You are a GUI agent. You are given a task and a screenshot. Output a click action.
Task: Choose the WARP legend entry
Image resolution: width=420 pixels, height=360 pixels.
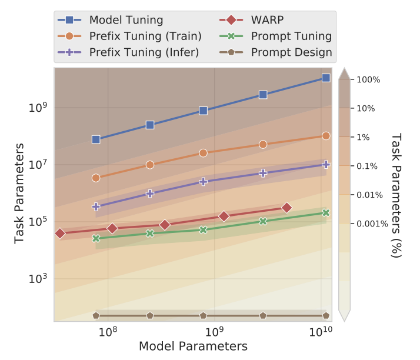click(x=268, y=20)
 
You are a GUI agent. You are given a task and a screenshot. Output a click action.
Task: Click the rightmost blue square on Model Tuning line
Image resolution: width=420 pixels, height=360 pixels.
click(x=326, y=78)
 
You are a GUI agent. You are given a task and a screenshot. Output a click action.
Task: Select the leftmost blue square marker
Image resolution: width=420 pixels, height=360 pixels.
click(x=96, y=139)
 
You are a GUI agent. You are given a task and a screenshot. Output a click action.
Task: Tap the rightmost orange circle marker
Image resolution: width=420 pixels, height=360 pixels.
click(x=326, y=136)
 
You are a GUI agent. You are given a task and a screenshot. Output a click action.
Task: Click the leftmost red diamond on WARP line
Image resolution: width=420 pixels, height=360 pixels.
click(x=59, y=234)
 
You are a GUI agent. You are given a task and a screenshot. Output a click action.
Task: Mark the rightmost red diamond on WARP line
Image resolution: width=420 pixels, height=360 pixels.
click(x=286, y=208)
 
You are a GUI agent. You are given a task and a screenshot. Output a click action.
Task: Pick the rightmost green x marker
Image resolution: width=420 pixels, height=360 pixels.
click(x=326, y=213)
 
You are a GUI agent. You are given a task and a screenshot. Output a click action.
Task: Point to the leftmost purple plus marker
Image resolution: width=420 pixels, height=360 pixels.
click(x=96, y=206)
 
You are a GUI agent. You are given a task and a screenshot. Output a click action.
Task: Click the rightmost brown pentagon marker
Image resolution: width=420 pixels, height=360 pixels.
click(x=326, y=316)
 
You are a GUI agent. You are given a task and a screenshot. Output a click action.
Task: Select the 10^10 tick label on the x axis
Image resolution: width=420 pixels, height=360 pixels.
click(x=321, y=333)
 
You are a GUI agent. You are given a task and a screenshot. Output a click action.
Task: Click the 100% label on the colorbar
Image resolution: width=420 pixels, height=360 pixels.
click(x=369, y=79)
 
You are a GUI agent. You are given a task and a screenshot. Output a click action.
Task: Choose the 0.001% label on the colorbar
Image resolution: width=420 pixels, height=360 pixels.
click(x=372, y=224)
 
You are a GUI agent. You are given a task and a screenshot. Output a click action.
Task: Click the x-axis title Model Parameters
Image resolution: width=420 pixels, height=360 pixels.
click(x=193, y=346)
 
